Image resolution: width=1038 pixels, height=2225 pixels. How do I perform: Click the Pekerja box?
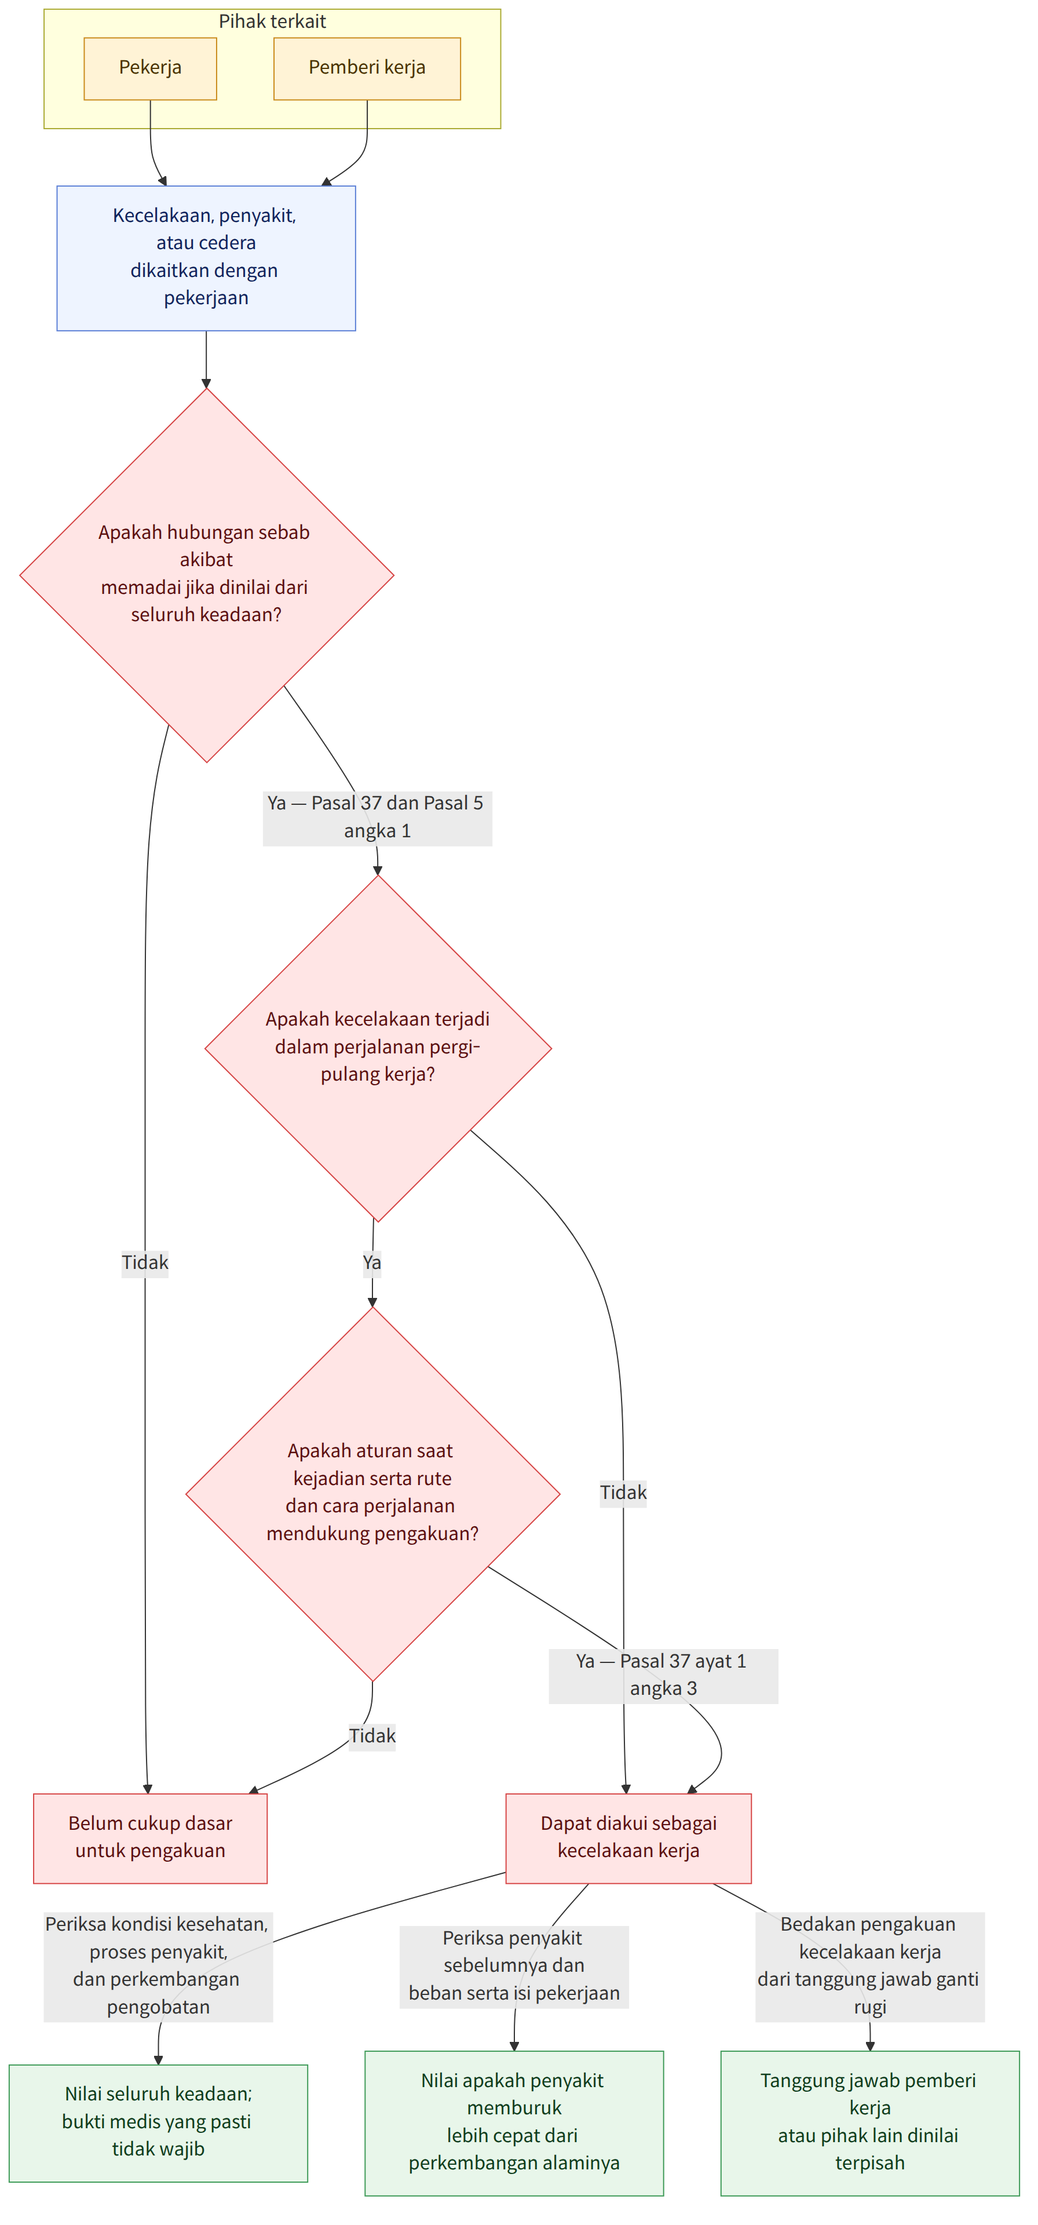click(x=150, y=68)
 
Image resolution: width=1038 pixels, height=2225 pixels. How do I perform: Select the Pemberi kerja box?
click(x=367, y=68)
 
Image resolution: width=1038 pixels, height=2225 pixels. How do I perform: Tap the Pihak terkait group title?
click(x=272, y=21)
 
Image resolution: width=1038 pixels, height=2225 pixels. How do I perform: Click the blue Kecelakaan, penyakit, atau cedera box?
click(x=206, y=258)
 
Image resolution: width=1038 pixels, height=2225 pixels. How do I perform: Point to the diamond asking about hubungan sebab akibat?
click(x=206, y=575)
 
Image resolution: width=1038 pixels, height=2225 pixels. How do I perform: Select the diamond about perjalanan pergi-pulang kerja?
click(x=378, y=1049)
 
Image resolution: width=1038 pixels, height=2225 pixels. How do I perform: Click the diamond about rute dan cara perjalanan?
click(x=373, y=1494)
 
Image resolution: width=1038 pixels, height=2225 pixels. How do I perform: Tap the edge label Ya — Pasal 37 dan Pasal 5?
click(x=378, y=817)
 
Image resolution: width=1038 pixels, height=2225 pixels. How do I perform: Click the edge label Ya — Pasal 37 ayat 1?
click(x=663, y=1676)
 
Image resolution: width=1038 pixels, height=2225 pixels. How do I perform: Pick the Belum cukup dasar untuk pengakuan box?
click(x=150, y=1837)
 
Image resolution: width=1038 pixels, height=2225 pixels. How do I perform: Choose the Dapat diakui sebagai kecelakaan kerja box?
click(x=628, y=1837)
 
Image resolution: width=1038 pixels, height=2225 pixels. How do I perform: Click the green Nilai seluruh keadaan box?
click(x=158, y=2122)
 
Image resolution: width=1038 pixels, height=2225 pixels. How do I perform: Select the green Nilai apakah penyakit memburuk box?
click(x=514, y=2122)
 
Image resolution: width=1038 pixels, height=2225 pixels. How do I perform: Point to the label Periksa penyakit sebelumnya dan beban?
click(x=514, y=1966)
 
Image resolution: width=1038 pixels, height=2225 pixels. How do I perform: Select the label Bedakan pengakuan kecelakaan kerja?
click(x=869, y=1966)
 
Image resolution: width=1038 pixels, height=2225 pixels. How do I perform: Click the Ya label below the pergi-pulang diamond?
click(x=372, y=1263)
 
